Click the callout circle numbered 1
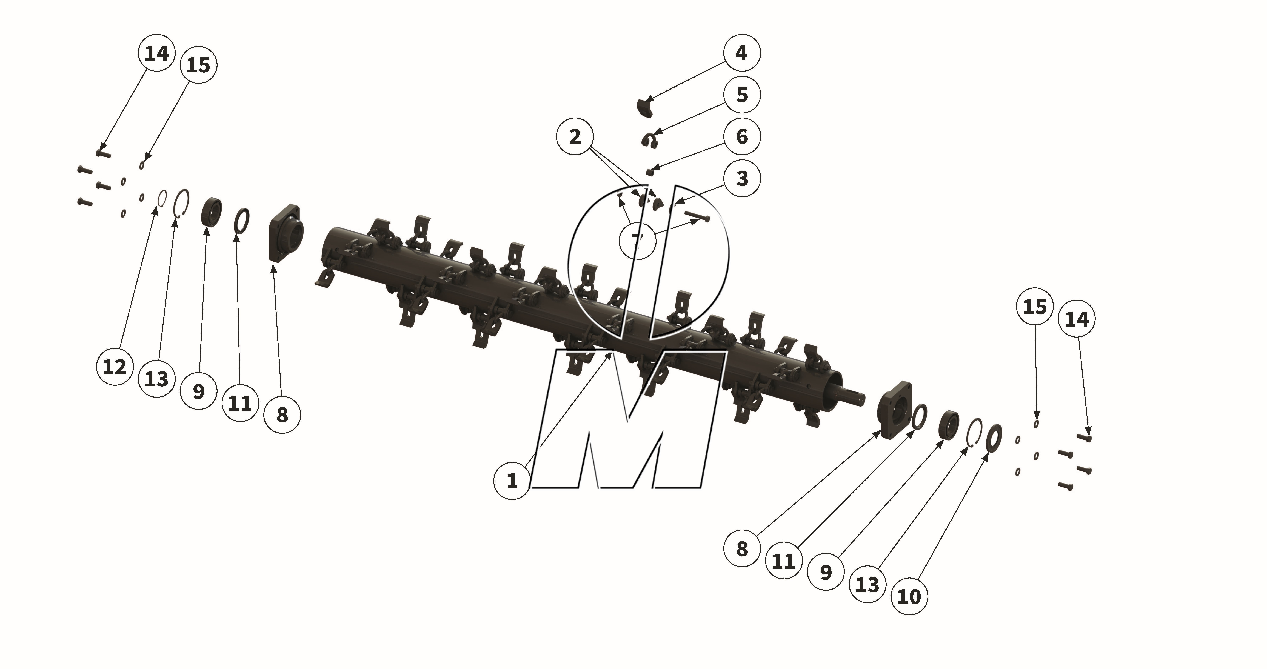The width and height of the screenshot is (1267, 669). [x=512, y=481]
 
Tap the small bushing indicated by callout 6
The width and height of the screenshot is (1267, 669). [x=650, y=172]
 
